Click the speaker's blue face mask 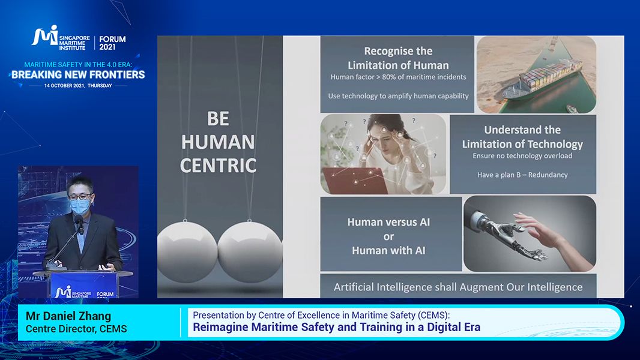tap(80, 206)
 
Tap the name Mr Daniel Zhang tap(68, 316)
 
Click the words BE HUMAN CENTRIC tap(219, 142)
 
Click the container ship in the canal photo tap(542, 80)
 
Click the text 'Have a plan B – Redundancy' tap(522, 175)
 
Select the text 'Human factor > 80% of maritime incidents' tap(398, 77)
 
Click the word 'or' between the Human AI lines tap(388, 236)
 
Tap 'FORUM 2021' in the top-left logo tap(112, 43)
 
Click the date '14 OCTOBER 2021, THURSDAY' tap(78, 86)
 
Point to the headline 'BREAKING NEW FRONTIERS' tap(78, 74)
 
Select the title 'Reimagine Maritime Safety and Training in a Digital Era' tap(336, 328)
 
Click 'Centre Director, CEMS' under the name tap(76, 329)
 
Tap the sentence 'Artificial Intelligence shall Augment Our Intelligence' tap(458, 287)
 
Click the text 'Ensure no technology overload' tap(522, 156)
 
